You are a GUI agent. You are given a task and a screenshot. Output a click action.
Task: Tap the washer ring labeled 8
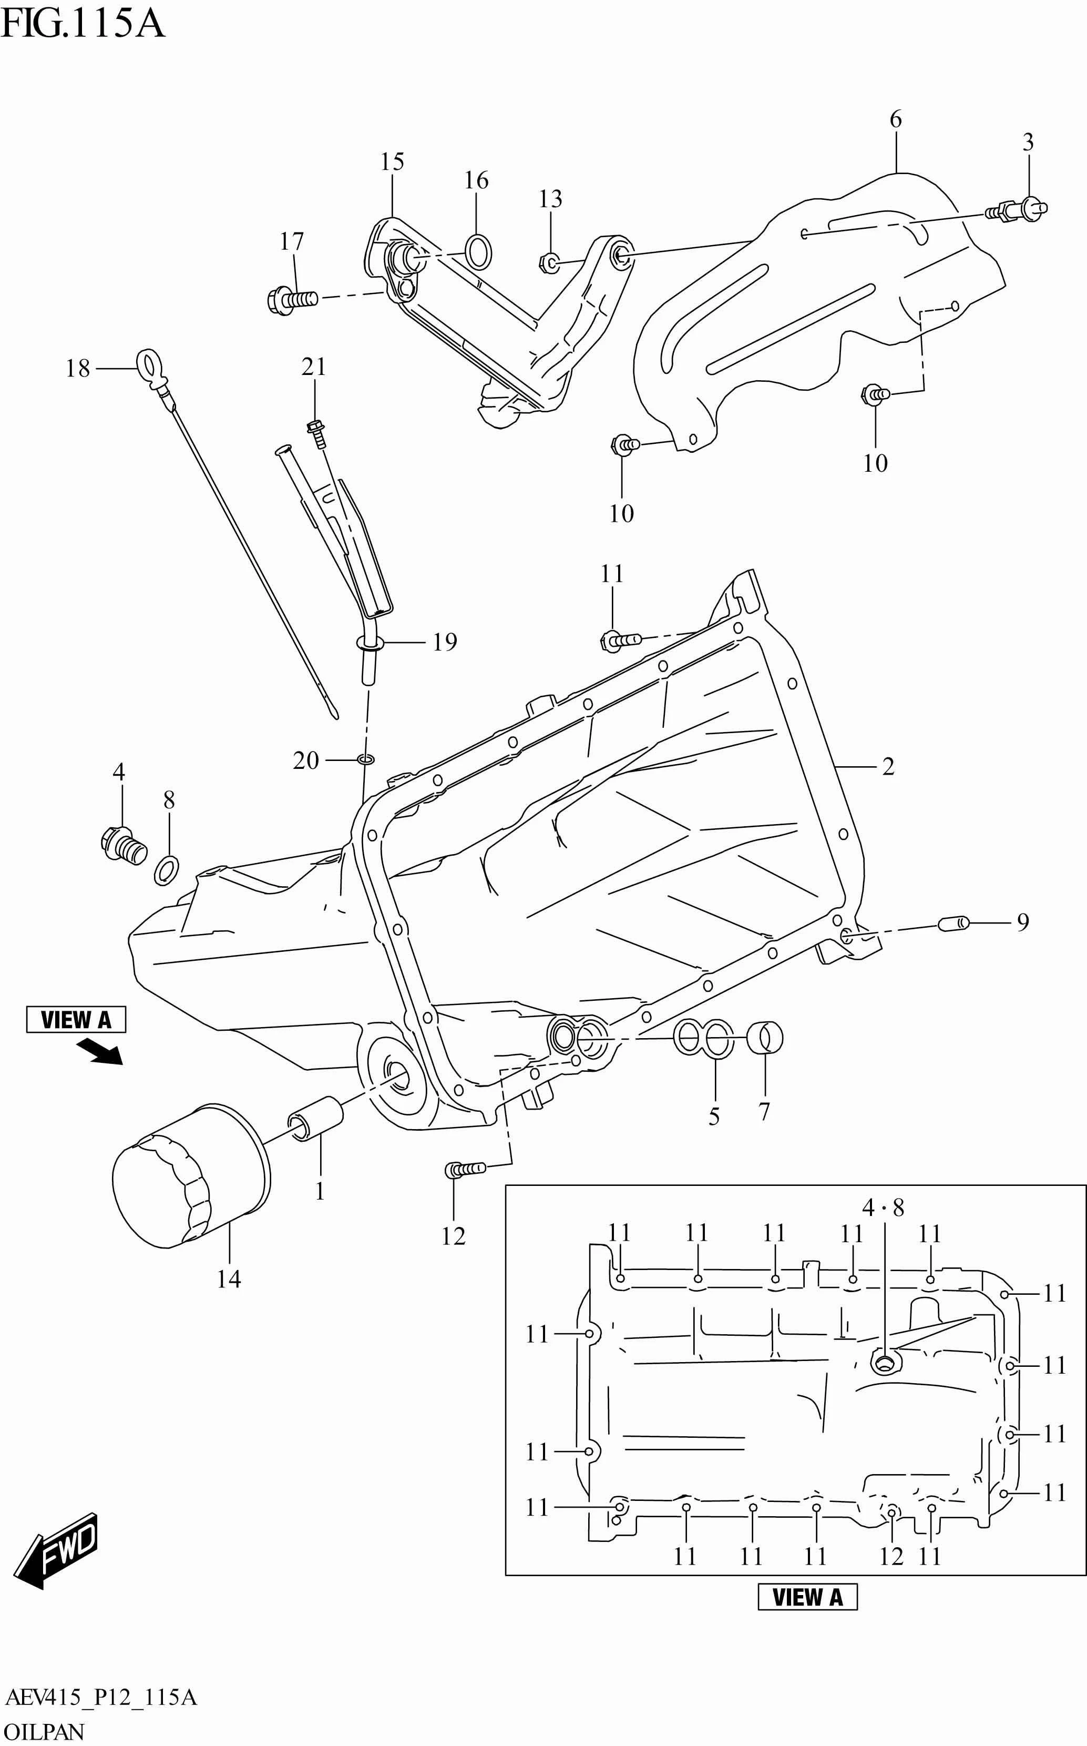(x=167, y=871)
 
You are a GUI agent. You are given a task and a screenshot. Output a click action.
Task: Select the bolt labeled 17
(x=292, y=298)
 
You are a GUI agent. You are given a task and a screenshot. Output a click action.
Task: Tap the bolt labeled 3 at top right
(x=1021, y=209)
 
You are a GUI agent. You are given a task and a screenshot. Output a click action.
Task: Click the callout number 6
(x=895, y=119)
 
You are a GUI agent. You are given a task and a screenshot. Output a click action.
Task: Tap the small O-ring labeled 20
(x=366, y=759)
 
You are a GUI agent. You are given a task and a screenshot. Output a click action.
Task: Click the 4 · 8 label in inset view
(x=883, y=1207)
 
